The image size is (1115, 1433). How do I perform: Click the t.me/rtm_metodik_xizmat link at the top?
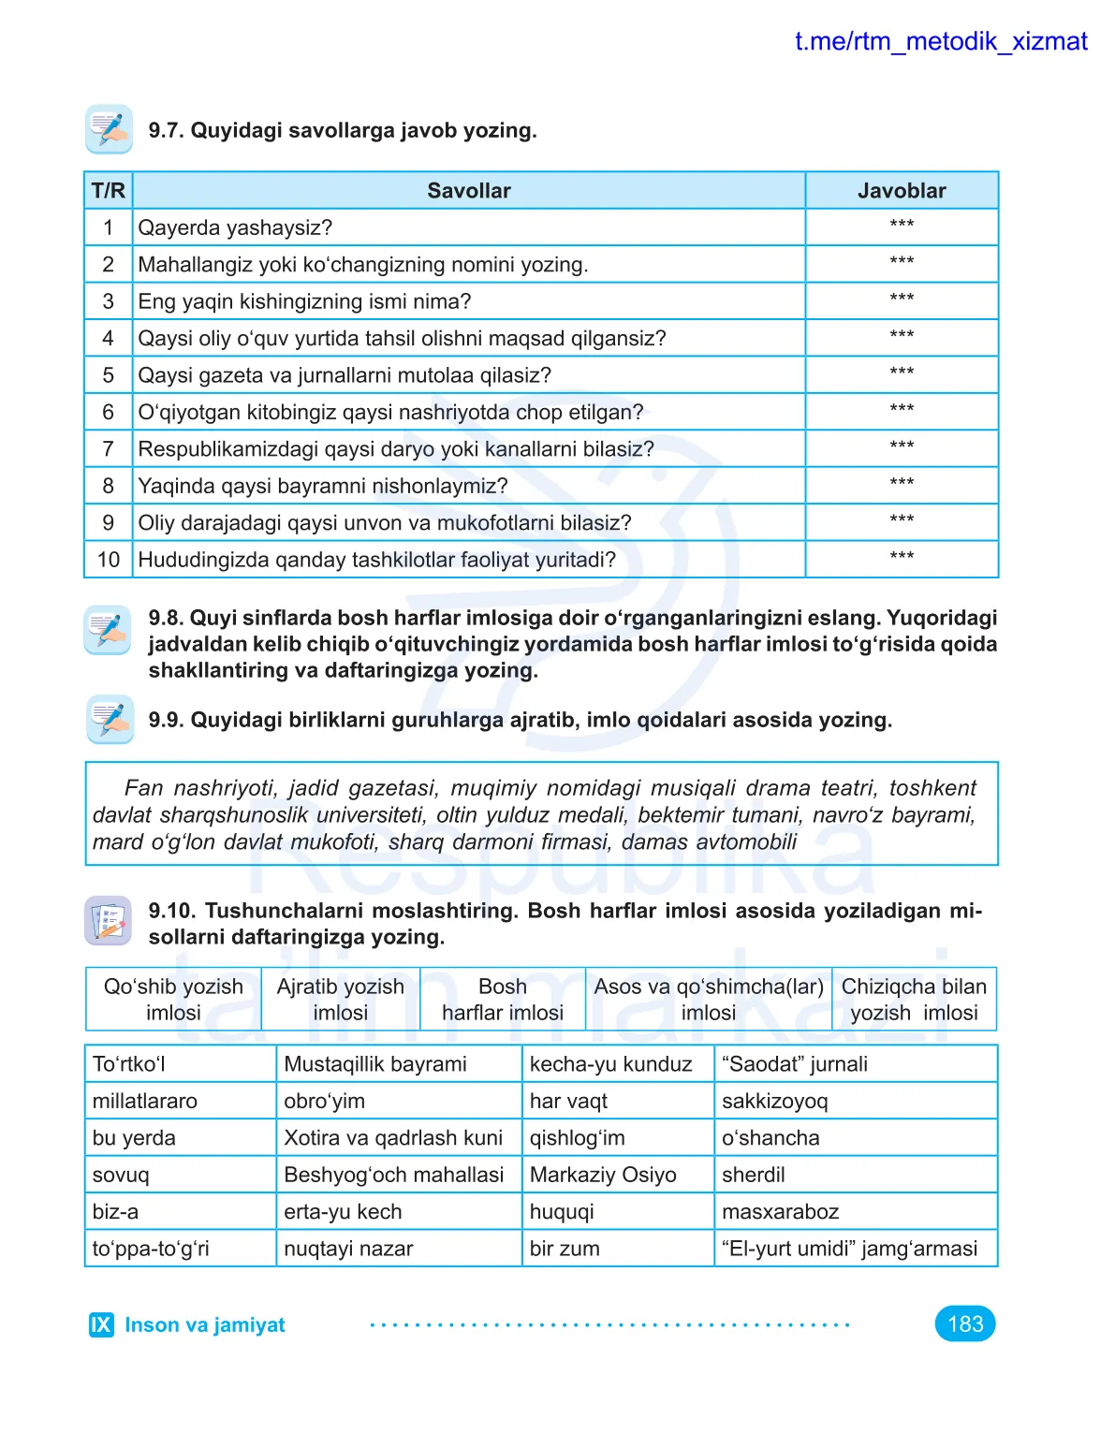pos(940,42)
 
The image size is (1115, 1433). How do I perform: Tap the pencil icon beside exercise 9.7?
pos(109,129)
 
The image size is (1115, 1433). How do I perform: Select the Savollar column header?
pos(469,191)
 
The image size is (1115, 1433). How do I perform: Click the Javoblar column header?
pos(902,191)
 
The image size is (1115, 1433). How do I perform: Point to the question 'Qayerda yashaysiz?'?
pos(235,227)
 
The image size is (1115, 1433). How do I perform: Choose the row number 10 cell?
pos(109,560)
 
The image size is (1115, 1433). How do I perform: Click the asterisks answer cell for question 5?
pos(902,373)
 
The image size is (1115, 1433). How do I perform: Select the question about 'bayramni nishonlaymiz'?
pos(323,486)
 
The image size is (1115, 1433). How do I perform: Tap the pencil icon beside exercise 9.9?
pos(110,719)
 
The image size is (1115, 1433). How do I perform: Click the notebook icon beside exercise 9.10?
pos(109,920)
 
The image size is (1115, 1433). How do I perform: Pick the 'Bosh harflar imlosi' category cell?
pos(503,1000)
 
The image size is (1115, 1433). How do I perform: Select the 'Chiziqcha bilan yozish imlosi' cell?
pos(914,1000)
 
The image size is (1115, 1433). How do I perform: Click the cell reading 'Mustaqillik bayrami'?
pos(375,1064)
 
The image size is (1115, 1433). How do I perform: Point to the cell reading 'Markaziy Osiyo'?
pos(603,1175)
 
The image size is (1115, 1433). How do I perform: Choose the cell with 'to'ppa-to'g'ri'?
pos(151,1249)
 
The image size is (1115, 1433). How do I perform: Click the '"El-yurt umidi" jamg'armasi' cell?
pos(849,1249)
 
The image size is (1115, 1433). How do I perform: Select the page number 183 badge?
pos(965,1323)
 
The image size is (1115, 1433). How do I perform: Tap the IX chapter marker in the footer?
pos(101,1324)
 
